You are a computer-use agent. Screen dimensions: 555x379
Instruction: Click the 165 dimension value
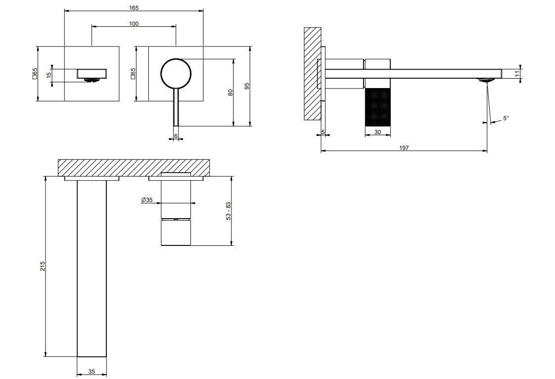(x=134, y=8)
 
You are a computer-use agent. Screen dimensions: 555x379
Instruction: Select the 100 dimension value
(x=134, y=24)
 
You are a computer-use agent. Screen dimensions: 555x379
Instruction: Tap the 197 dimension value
(x=404, y=148)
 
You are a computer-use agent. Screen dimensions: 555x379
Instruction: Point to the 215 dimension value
(x=43, y=266)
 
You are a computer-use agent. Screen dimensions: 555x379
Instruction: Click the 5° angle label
(x=506, y=118)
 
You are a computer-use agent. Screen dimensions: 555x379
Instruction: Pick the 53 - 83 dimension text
(x=229, y=211)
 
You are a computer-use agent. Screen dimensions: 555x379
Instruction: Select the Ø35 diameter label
(x=146, y=200)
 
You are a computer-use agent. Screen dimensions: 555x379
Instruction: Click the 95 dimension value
(x=247, y=86)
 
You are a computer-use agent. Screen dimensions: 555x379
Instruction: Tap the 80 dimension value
(x=231, y=93)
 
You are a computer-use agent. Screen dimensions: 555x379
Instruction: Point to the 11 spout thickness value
(x=517, y=74)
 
